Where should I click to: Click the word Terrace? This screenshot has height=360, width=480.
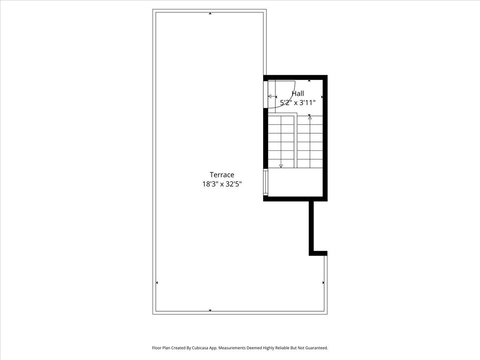[222, 175]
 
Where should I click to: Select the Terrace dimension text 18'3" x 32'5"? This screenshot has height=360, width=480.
[222, 184]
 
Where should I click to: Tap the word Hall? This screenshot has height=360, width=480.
[298, 94]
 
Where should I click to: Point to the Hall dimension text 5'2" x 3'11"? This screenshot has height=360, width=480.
[298, 102]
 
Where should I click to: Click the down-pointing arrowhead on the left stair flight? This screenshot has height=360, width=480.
[281, 166]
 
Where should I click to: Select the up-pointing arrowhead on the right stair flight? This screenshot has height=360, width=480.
[310, 118]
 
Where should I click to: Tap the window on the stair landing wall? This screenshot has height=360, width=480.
[265, 182]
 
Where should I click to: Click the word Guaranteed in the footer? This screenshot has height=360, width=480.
[314, 348]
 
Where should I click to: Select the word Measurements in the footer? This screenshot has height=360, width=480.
[232, 348]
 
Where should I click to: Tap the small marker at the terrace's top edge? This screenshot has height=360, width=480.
[210, 14]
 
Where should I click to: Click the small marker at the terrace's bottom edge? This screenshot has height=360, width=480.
[210, 310]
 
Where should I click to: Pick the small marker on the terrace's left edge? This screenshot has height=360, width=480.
[157, 283]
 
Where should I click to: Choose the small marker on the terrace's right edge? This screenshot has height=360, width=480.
[323, 283]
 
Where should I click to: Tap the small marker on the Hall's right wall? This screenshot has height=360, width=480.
[322, 97]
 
